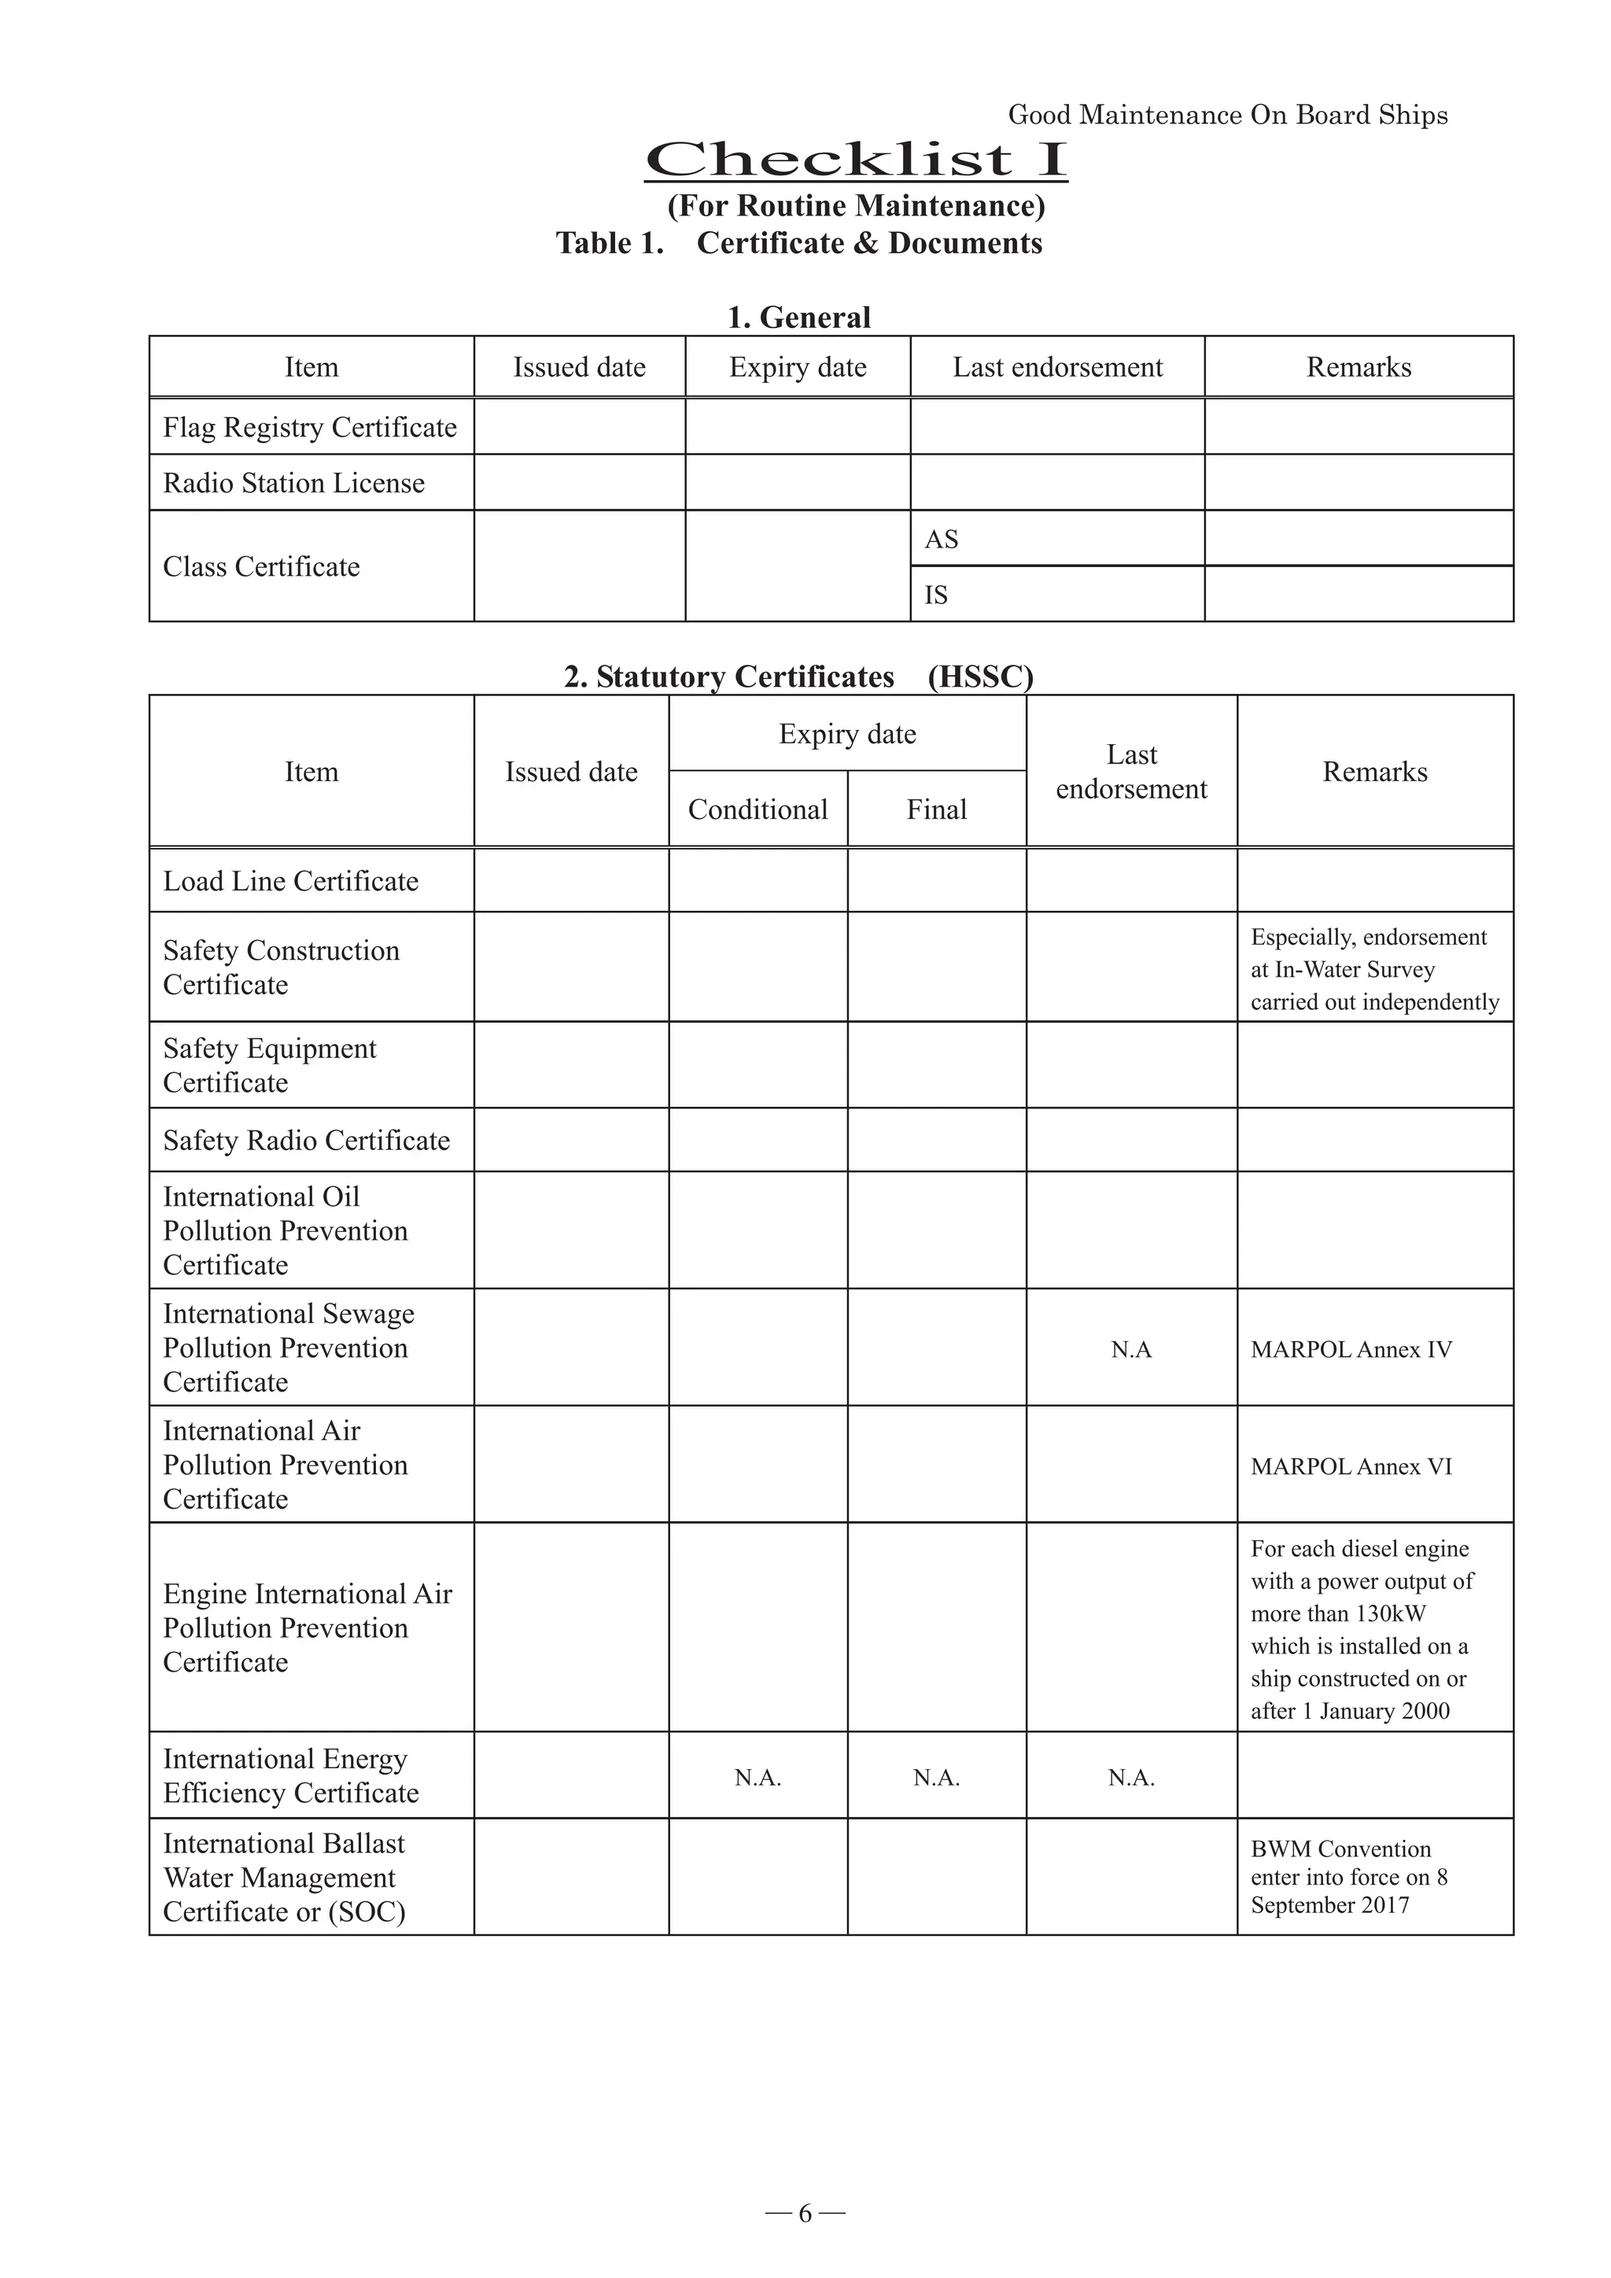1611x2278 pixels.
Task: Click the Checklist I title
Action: coord(856,160)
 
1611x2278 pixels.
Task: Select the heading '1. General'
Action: coord(798,318)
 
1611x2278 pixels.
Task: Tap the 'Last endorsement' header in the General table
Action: coord(1057,367)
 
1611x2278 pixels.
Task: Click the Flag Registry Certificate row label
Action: coord(309,428)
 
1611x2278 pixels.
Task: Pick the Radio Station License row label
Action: coord(293,483)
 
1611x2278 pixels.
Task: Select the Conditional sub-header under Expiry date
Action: coord(758,809)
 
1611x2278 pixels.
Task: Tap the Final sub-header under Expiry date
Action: coord(936,809)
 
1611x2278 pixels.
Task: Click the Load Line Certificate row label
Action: coord(290,881)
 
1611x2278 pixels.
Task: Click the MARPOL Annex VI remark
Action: coord(1351,1466)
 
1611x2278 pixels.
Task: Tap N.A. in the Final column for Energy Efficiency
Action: coord(936,1778)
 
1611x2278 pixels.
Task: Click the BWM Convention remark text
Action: coord(1349,1877)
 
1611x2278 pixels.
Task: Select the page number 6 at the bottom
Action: coord(805,2213)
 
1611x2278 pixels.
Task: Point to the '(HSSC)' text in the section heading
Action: coord(980,676)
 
